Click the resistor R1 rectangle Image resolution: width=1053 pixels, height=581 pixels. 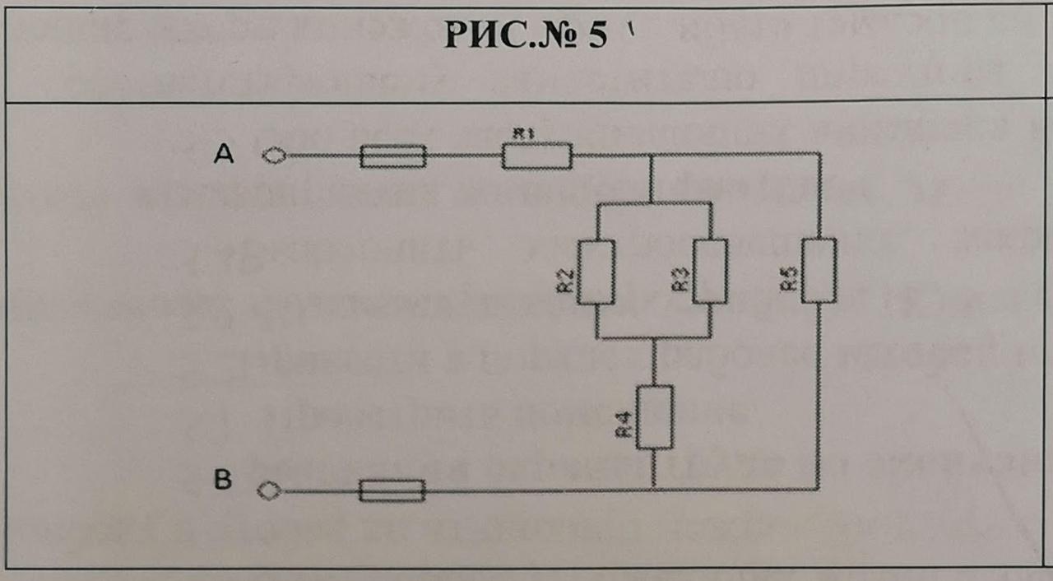coord(536,156)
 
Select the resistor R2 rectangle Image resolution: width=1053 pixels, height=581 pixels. coord(596,272)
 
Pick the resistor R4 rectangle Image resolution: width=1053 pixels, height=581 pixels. coord(654,416)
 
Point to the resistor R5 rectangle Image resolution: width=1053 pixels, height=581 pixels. coord(819,269)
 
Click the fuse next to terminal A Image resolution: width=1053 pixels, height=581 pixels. coord(393,156)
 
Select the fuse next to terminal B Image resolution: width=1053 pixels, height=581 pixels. coord(393,492)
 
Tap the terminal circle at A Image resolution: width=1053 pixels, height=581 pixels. coord(272,155)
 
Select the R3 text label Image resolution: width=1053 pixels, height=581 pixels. coord(680,281)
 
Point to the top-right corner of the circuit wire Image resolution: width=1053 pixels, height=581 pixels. coord(819,154)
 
